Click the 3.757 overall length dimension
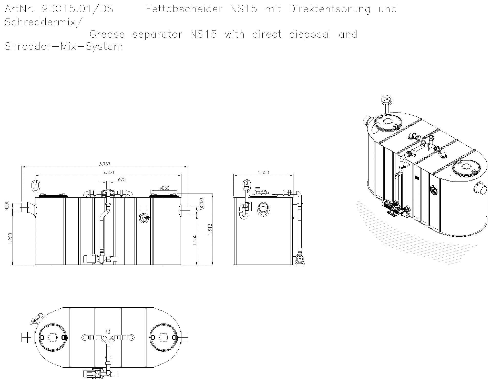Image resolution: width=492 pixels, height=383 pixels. click(x=105, y=164)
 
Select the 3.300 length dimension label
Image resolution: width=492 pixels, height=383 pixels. click(x=108, y=173)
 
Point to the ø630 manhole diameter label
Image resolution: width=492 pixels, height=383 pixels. click(x=164, y=188)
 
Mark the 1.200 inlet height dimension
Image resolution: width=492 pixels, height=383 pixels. click(x=11, y=239)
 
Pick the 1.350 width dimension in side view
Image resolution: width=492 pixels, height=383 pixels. click(x=263, y=173)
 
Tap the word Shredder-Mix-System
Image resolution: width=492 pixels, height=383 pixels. click(x=64, y=47)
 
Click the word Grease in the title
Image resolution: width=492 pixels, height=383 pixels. click(x=107, y=34)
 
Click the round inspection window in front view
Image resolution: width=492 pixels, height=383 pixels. click(x=144, y=218)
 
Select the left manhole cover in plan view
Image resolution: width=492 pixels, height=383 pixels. click(x=53, y=337)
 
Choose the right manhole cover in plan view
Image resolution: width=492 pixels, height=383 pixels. click(x=163, y=337)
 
